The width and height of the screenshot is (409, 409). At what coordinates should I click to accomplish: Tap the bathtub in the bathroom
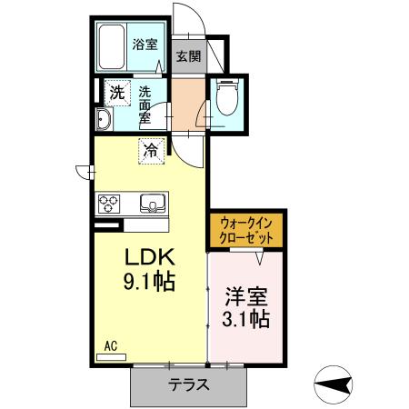point(114,48)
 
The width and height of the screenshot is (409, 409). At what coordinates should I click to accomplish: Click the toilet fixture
point(226,100)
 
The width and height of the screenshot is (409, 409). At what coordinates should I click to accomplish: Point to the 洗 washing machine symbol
point(116,91)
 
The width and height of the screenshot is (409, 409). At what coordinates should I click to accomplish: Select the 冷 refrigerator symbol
point(151,150)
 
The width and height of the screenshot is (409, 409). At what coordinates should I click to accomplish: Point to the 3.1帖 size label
point(246,319)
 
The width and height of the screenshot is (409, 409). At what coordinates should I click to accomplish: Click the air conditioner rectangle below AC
point(111,356)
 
